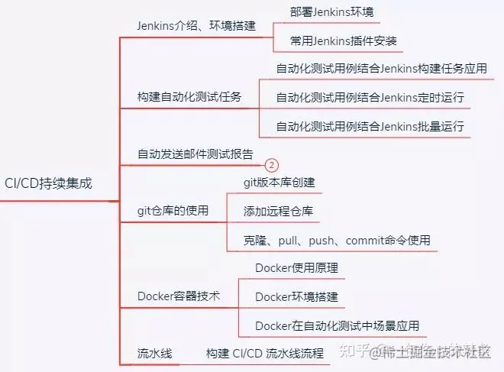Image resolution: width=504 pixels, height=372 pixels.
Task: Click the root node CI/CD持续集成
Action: [48, 183]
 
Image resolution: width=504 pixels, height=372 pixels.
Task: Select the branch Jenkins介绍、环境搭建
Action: [195, 24]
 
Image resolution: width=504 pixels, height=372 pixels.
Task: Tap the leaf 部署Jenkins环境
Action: [334, 11]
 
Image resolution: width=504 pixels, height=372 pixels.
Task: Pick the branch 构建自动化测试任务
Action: [189, 97]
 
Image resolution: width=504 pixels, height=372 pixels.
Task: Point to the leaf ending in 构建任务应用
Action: [381, 69]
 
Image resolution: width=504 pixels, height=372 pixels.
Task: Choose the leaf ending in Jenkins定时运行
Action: [370, 98]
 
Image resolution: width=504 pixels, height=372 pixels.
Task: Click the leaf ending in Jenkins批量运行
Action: [370, 126]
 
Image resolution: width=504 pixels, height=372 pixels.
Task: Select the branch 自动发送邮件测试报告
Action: [195, 154]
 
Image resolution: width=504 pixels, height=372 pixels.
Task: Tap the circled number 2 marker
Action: [272, 165]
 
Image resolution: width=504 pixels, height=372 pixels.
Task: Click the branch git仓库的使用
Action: [173, 210]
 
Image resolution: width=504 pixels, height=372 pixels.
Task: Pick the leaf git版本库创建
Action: [279, 183]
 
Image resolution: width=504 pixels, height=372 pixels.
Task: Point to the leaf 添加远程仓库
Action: [278, 211]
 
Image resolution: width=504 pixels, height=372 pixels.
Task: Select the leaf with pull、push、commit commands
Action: [337, 240]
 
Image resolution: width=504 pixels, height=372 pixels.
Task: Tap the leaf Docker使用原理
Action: [296, 268]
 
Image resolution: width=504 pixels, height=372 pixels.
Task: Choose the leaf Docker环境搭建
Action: [296, 296]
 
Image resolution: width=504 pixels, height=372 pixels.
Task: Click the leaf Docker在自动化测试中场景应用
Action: [337, 325]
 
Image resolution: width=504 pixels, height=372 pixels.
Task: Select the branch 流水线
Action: [154, 354]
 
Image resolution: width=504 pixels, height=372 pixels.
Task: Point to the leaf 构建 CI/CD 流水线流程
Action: [265, 354]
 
